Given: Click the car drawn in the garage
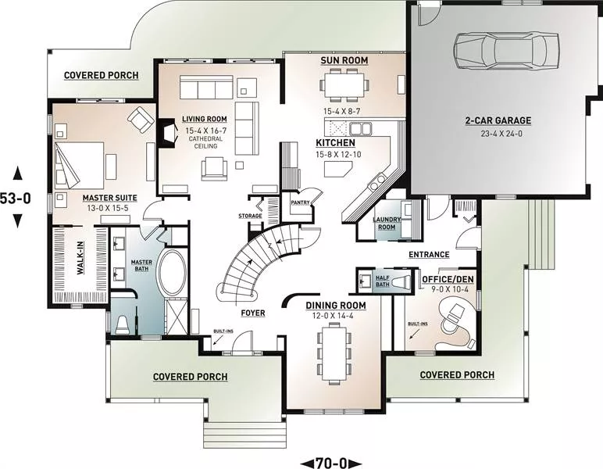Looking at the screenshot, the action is (506, 51).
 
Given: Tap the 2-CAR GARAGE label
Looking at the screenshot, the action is (498, 120).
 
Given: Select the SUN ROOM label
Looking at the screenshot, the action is (344, 60).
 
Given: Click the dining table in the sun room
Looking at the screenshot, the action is (344, 84).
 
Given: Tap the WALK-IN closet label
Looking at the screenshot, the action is (80, 258).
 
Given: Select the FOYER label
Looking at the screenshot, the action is (253, 313).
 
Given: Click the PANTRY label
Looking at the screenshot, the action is (301, 202).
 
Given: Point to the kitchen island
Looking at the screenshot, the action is (338, 169).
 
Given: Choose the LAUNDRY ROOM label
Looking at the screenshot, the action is (387, 223).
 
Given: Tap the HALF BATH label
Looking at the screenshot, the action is (383, 281).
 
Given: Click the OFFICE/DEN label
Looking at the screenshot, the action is (448, 279).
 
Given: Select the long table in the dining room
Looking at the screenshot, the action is (334, 352).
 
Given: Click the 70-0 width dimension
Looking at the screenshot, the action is (330, 463).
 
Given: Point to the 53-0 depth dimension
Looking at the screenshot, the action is (16, 198).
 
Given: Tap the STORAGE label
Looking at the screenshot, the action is (250, 216).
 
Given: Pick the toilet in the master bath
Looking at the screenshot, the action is (123, 324).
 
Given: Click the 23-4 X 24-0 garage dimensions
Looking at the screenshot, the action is (498, 134).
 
